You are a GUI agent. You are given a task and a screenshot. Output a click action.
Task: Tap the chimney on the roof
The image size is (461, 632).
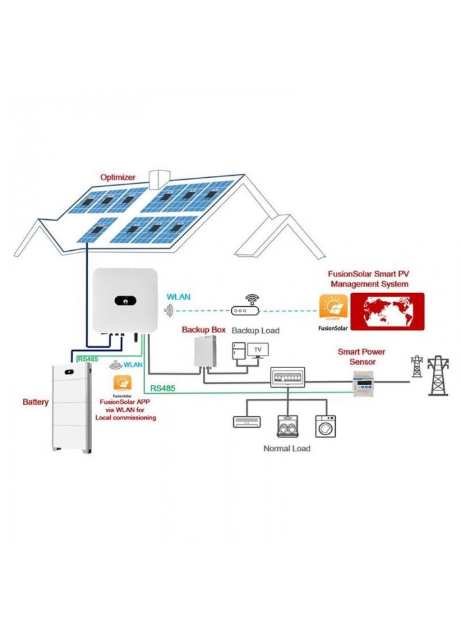click(158, 179)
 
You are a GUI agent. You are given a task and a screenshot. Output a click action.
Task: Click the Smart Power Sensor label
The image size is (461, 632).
click(362, 356)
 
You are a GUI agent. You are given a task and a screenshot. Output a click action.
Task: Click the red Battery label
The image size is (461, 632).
click(35, 402)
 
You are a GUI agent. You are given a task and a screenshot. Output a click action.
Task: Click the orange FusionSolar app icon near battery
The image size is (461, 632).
click(122, 384)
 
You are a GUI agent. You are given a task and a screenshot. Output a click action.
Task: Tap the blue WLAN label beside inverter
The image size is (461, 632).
click(178, 297)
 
